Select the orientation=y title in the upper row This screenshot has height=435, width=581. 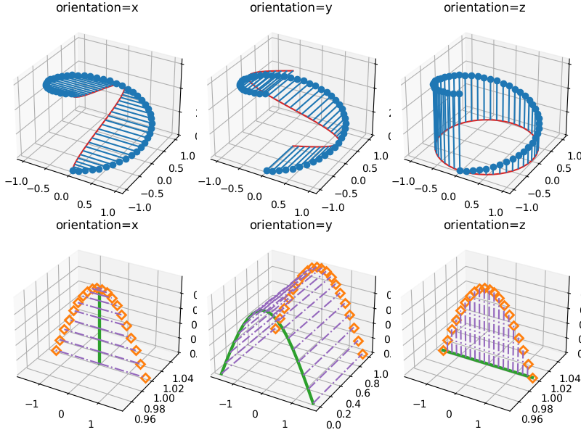[x=290, y=8]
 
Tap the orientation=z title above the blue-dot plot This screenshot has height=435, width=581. [x=484, y=8]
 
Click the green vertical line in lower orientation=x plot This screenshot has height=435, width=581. [x=99, y=326]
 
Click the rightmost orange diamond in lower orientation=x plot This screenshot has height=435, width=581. [x=145, y=378]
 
